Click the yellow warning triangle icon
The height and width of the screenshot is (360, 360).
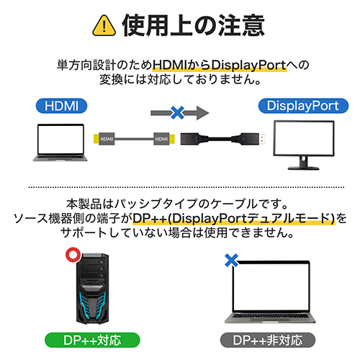[x=104, y=26]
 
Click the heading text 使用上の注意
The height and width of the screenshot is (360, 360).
[x=194, y=25]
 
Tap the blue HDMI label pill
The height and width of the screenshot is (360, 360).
[x=61, y=106]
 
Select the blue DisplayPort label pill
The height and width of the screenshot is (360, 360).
[x=303, y=106]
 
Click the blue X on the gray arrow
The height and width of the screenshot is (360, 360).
[x=177, y=113]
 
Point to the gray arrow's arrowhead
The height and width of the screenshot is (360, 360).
[x=203, y=113]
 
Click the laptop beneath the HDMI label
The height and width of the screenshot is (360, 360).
[x=60, y=143]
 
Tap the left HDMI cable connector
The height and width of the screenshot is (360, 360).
[x=104, y=139]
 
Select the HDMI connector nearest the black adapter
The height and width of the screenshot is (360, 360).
[x=164, y=139]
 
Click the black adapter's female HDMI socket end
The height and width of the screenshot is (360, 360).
[x=189, y=139]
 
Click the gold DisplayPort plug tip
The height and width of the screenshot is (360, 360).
[x=263, y=139]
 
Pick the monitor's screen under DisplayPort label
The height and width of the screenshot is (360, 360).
[x=304, y=138]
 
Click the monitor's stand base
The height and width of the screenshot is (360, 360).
[x=303, y=168]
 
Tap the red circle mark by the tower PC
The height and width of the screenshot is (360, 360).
[x=73, y=255]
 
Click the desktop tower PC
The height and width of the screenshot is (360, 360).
[x=92, y=289]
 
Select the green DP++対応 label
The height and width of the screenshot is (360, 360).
[x=92, y=340]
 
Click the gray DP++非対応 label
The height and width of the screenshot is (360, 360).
[x=268, y=340]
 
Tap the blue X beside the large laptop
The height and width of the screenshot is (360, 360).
[x=232, y=261]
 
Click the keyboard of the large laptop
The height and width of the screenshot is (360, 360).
[x=270, y=316]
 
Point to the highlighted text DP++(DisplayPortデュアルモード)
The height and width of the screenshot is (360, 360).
[x=234, y=218]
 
